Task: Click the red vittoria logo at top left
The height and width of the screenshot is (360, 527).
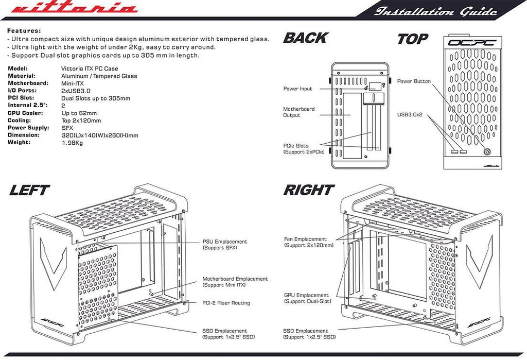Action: (74, 9)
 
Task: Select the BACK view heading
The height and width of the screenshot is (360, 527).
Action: (305, 38)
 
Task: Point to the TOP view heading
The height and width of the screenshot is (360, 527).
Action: (412, 39)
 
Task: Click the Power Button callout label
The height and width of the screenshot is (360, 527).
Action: (414, 81)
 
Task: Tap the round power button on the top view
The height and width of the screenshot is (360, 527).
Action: (486, 152)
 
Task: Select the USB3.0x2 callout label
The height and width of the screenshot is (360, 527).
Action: (410, 114)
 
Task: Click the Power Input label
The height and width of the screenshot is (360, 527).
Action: (297, 89)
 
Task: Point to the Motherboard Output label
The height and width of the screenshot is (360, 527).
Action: (298, 112)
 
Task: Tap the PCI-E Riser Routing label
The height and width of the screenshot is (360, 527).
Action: (226, 303)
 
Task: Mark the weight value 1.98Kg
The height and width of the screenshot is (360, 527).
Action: (72, 143)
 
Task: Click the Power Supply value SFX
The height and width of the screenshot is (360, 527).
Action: (67, 128)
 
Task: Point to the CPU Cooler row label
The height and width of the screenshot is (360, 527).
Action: (25, 113)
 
